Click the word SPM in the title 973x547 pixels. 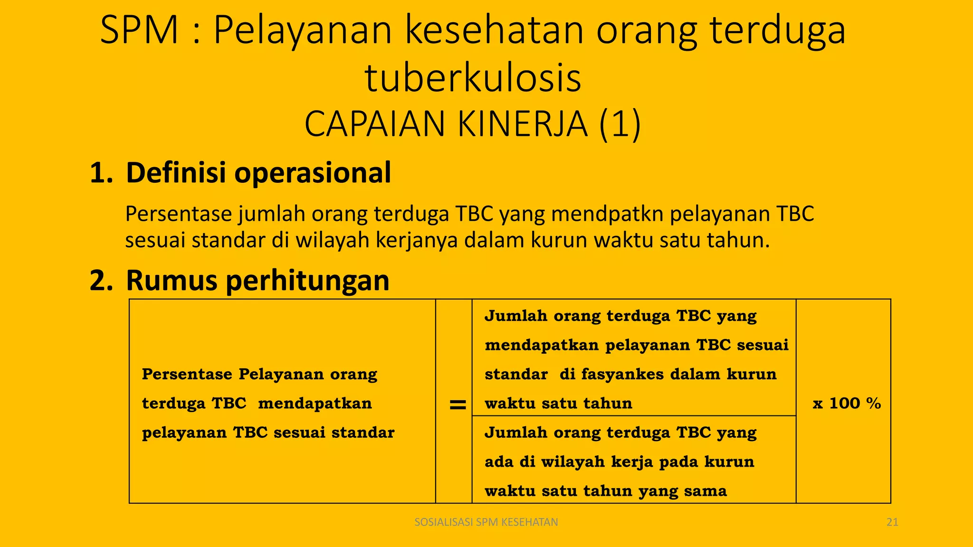tap(139, 30)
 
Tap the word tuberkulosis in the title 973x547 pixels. tap(473, 78)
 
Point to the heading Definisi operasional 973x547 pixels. tap(258, 172)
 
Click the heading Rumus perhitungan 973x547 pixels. tap(258, 280)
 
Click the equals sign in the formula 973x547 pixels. tap(458, 405)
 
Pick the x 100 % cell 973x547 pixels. tap(847, 404)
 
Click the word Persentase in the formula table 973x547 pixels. tap(187, 375)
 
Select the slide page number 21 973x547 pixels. tap(892, 522)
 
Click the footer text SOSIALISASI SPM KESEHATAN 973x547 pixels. tap(486, 522)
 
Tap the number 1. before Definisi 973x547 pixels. tap(101, 172)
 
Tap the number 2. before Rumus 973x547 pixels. tap(101, 280)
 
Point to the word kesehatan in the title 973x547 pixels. tap(494, 30)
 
